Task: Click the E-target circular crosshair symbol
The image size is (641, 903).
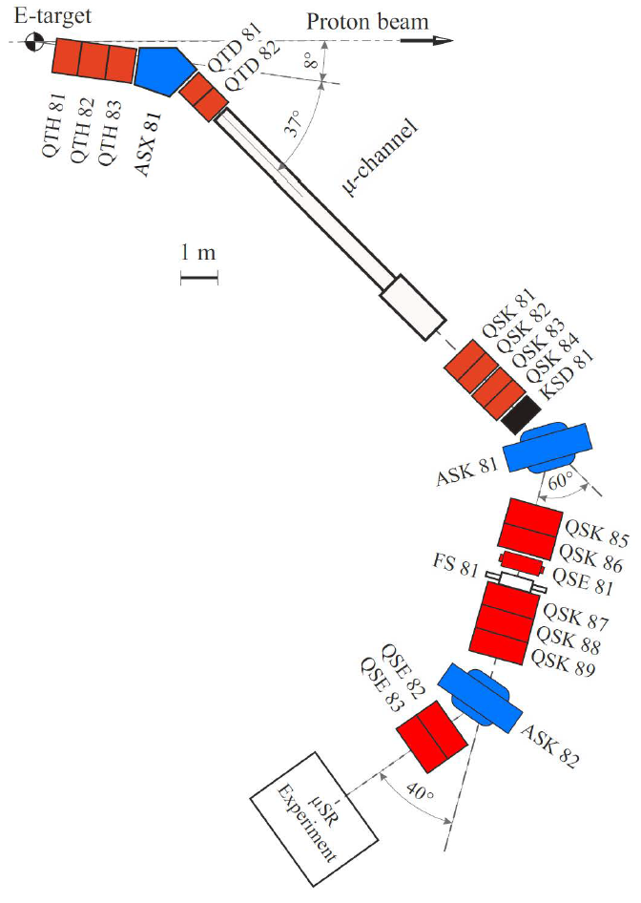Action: (x=35, y=41)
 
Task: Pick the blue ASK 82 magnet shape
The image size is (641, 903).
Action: (x=480, y=698)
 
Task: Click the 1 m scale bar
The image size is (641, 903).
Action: (x=198, y=278)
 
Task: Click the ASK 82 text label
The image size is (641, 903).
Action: (x=550, y=745)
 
